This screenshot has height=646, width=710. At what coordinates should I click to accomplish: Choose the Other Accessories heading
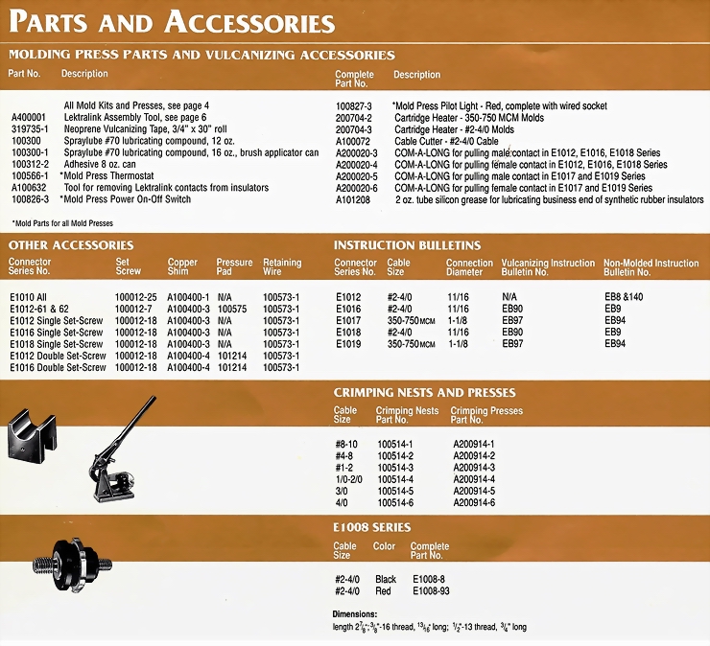click(x=72, y=245)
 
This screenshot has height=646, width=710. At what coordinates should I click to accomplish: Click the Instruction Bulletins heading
click(x=407, y=245)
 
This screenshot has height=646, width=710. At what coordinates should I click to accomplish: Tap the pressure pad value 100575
click(x=232, y=311)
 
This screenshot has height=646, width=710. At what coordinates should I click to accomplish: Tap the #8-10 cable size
click(x=346, y=443)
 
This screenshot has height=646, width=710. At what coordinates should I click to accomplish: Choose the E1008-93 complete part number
click(x=432, y=591)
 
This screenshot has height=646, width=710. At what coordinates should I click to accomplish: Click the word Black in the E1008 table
click(x=385, y=580)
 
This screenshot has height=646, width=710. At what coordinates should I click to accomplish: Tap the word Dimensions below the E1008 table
click(x=355, y=613)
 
